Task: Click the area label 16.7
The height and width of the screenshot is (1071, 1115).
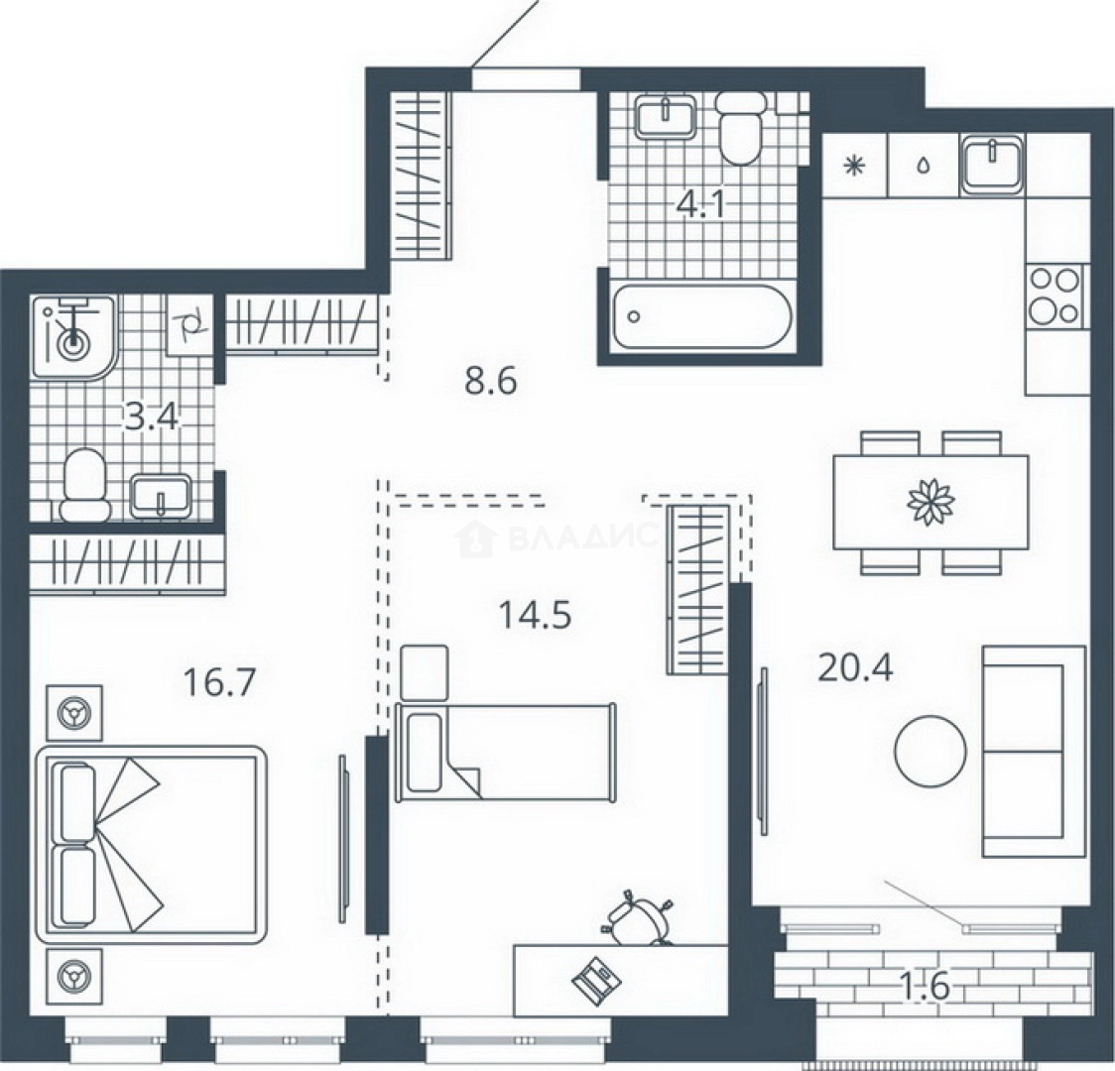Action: pyautogui.click(x=219, y=683)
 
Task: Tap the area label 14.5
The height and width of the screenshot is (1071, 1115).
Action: pyautogui.click(x=536, y=615)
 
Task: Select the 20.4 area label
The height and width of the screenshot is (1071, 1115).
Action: pyautogui.click(x=855, y=667)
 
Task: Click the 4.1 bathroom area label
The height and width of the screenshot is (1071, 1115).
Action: pyautogui.click(x=701, y=205)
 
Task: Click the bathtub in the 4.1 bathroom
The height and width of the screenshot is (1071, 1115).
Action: pyautogui.click(x=701, y=317)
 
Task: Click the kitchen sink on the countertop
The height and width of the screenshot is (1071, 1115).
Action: pyautogui.click(x=991, y=165)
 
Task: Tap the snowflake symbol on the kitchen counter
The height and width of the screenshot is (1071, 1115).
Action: pyautogui.click(x=852, y=166)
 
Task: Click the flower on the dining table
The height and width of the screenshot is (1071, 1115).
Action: pyautogui.click(x=930, y=501)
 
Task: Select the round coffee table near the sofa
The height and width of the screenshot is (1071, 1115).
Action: pyautogui.click(x=930, y=752)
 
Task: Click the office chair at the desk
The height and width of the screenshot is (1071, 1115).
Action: pyautogui.click(x=638, y=917)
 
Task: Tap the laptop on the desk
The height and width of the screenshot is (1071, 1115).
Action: pyautogui.click(x=596, y=979)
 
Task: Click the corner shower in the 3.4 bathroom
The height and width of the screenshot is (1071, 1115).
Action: pyautogui.click(x=74, y=338)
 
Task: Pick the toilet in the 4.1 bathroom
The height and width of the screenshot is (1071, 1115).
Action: pyautogui.click(x=741, y=128)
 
